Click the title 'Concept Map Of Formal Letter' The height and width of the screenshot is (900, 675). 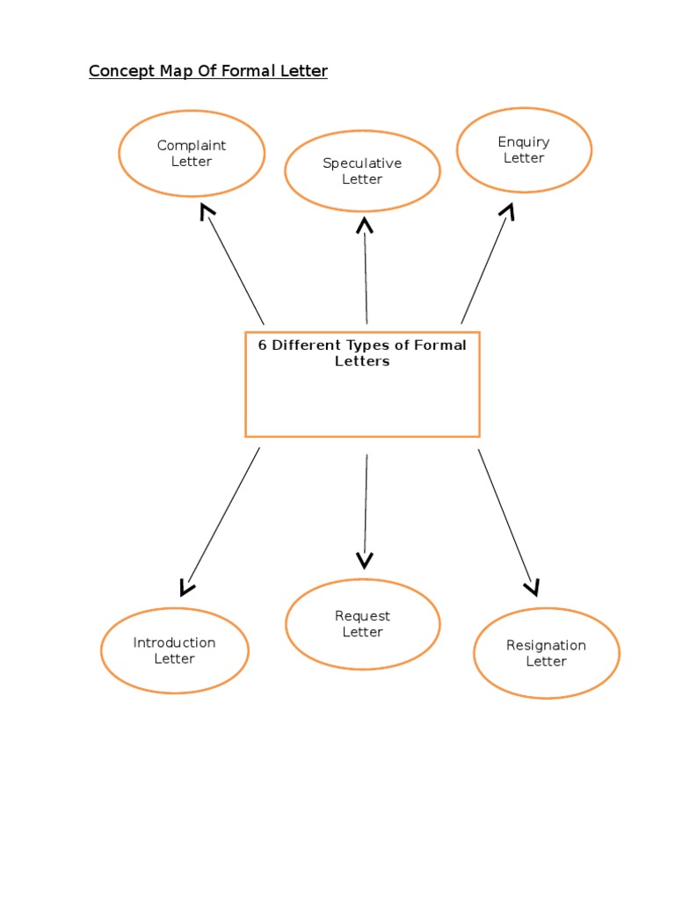(x=207, y=71)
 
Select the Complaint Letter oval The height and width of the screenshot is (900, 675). (x=192, y=153)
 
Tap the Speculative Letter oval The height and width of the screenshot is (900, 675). (x=362, y=171)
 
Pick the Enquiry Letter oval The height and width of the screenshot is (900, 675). (x=524, y=149)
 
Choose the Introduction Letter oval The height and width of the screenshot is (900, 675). (x=174, y=650)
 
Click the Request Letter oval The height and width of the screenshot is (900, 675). (x=362, y=624)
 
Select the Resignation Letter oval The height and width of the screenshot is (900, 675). (x=546, y=653)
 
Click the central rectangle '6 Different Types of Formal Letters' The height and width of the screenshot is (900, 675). (x=362, y=384)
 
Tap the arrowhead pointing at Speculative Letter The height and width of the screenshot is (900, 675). (x=365, y=225)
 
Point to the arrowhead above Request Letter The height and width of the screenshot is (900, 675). (x=365, y=560)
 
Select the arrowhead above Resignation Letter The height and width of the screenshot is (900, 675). (x=532, y=586)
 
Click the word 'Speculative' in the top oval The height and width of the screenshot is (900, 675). (x=362, y=163)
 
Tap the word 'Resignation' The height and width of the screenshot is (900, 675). (x=546, y=645)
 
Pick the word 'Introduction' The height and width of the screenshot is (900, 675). (x=174, y=642)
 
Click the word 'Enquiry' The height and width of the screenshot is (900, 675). (x=524, y=142)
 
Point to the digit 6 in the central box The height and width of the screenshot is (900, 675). (x=262, y=345)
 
